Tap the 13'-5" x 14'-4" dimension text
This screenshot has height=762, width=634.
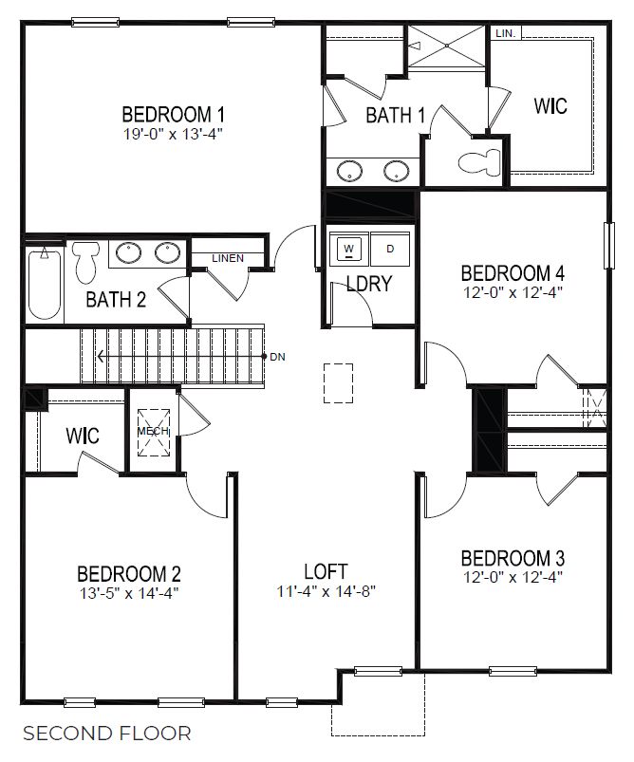coord(128,593)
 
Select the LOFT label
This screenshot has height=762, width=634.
coord(326,571)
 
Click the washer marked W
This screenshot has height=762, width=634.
coord(349,249)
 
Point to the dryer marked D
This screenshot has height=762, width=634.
coord(390,249)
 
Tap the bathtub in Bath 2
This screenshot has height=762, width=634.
coord(44,284)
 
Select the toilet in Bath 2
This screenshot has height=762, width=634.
coord(86,261)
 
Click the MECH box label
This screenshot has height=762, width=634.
coord(153,431)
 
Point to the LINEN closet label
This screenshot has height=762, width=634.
coord(228,258)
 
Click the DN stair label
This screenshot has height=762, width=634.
coord(277,357)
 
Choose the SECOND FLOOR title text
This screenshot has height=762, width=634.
coord(106,734)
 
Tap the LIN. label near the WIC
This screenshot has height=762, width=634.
coord(505,33)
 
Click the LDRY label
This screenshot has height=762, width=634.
coord(369,284)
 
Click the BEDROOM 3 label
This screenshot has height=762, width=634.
coord(518,557)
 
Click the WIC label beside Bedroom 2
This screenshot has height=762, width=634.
coord(83,437)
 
